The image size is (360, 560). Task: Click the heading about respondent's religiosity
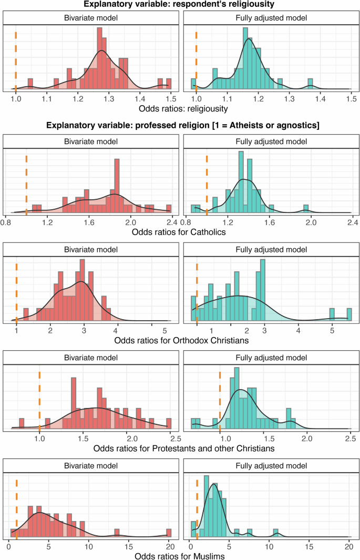pos(180,5)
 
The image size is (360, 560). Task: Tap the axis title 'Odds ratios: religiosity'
pos(180,109)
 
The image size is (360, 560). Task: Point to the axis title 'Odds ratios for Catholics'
pos(180,231)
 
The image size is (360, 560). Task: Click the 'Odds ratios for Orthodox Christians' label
pos(180,341)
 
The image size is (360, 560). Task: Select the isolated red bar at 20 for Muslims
pos(169,533)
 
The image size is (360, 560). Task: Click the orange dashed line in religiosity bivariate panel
pos(16,60)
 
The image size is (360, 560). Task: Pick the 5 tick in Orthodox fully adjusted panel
pos(332,331)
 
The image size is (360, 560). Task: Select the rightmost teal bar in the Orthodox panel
pos(349,314)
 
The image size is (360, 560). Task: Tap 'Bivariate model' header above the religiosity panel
pos(89,18)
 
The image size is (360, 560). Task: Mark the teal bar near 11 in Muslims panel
pos(276,533)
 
